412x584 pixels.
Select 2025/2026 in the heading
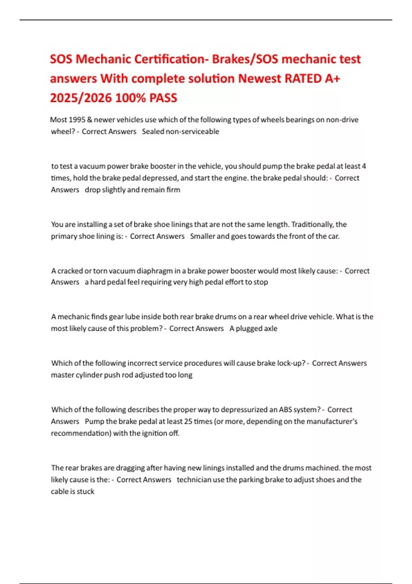81,98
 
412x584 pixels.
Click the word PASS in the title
163,98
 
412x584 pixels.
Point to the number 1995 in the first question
77,120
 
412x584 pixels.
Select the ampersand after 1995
90,120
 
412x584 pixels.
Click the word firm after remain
173,190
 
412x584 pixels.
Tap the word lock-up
291,363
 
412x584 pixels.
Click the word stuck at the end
85,492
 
